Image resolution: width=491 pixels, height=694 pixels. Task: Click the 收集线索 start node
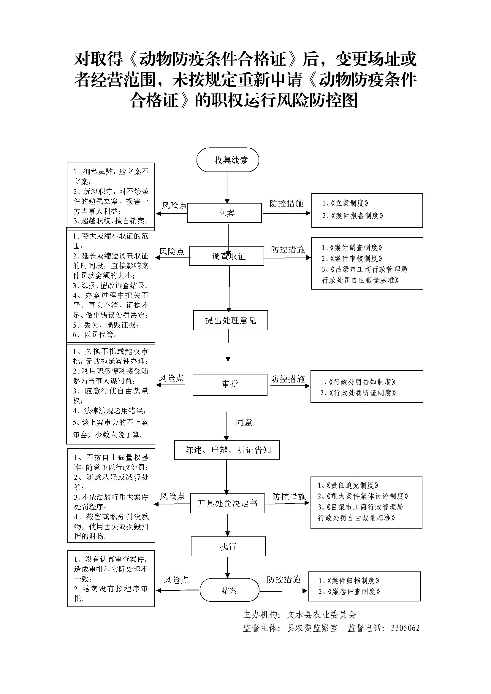pyautogui.click(x=228, y=160)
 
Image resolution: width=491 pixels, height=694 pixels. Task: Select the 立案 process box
pyautogui.click(x=224, y=213)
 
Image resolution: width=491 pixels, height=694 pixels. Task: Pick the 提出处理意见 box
pyautogui.click(x=230, y=320)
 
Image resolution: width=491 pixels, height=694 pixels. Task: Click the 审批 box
pyautogui.click(x=230, y=384)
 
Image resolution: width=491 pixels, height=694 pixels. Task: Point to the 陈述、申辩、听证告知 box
pyautogui.click(x=227, y=450)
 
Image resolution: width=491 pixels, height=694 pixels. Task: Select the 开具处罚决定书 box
pyautogui.click(x=227, y=503)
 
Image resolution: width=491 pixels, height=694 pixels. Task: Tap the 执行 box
pyautogui.click(x=228, y=547)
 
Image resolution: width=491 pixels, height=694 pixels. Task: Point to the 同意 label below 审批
pyautogui.click(x=244, y=422)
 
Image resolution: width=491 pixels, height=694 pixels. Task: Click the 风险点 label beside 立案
pyautogui.click(x=175, y=206)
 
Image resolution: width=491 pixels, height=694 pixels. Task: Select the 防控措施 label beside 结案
pyautogui.click(x=283, y=579)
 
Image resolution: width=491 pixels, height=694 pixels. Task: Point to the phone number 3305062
pyautogui.click(x=405, y=628)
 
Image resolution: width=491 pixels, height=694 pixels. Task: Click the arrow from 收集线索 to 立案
pyautogui.click(x=227, y=188)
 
